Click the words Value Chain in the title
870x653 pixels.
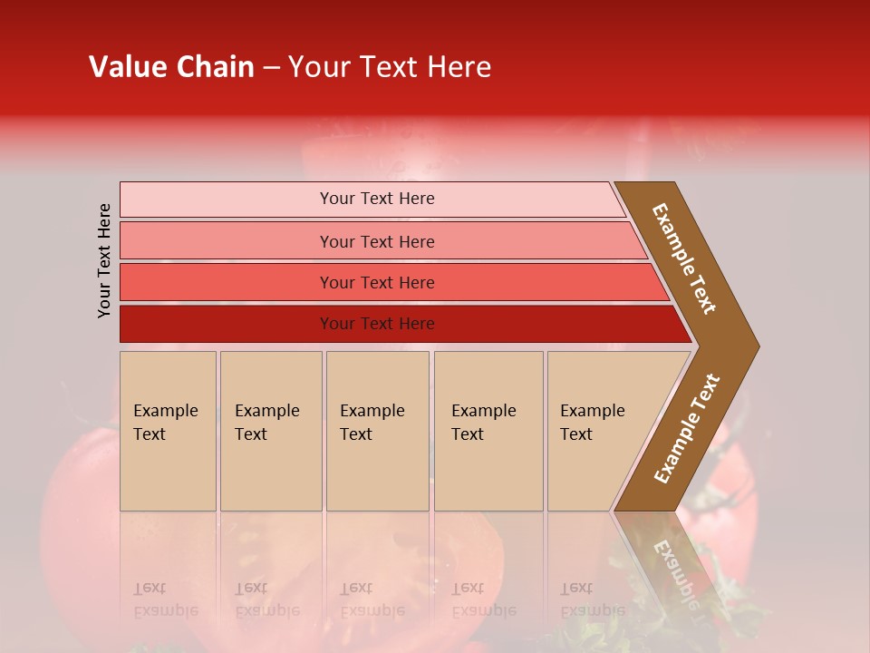tap(171, 67)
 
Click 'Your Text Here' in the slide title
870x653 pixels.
tap(390, 67)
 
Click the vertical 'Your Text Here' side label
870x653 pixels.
tap(104, 260)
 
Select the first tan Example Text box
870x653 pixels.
tap(168, 431)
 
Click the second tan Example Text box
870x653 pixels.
tap(270, 431)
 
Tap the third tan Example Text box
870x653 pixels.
tap(377, 431)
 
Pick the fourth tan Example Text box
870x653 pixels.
tap(488, 431)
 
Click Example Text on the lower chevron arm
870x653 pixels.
tap(687, 428)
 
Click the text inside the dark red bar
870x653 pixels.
tap(377, 324)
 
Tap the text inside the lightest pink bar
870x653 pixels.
tap(377, 199)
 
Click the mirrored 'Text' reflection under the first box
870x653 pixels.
tap(150, 588)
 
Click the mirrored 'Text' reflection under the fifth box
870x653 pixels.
tap(576, 588)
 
